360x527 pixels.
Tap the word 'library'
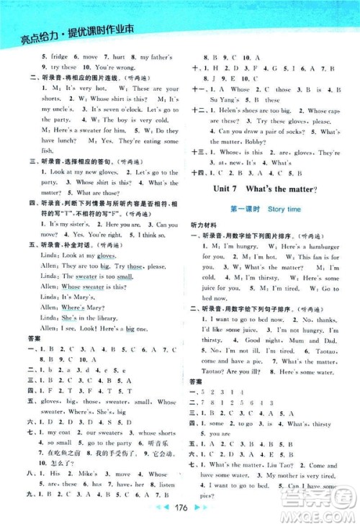[x=109, y=318]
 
